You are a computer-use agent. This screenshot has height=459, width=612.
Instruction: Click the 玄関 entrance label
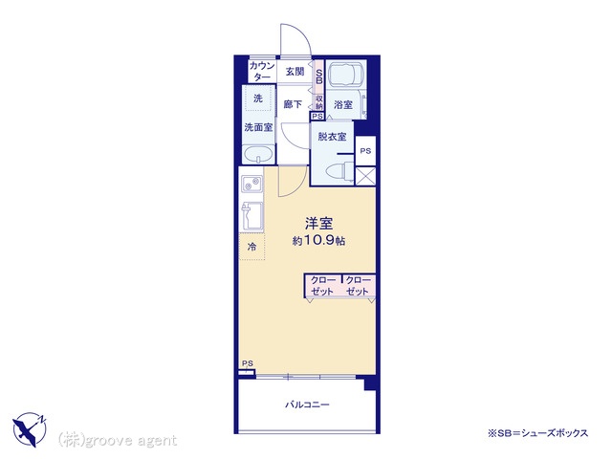click(295, 71)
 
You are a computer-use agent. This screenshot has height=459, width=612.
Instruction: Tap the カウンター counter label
click(262, 71)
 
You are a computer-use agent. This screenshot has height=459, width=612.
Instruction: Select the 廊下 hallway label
click(294, 104)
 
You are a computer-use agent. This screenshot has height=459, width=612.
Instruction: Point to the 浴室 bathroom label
click(342, 104)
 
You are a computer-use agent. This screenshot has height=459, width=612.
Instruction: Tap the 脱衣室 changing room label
click(333, 137)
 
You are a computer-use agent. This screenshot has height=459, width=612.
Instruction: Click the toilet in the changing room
click(337, 171)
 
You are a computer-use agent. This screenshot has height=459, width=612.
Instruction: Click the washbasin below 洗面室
click(259, 156)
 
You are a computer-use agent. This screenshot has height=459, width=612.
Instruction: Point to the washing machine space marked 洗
click(257, 99)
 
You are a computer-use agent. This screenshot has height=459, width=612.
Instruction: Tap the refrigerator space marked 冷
click(252, 247)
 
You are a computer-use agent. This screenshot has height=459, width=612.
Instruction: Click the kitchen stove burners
click(251, 185)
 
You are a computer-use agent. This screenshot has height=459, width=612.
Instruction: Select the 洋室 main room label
click(306, 223)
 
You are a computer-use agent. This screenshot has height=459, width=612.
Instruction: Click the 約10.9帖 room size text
click(307, 241)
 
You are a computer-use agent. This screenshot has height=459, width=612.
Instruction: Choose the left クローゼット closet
click(322, 286)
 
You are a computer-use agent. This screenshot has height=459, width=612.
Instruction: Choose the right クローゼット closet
click(358, 286)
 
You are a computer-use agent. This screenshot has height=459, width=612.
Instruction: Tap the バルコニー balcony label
click(307, 405)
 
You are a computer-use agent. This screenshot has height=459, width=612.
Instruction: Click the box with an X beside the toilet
click(365, 176)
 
